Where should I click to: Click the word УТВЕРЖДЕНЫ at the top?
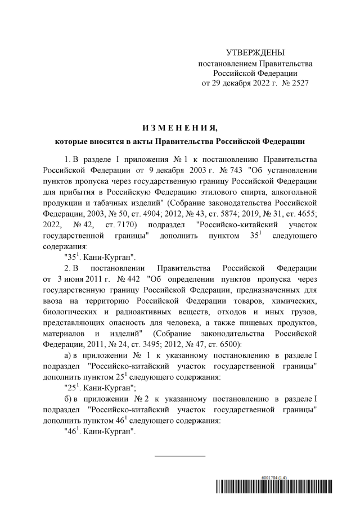point(255,52)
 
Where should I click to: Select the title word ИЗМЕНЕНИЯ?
point(179,127)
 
